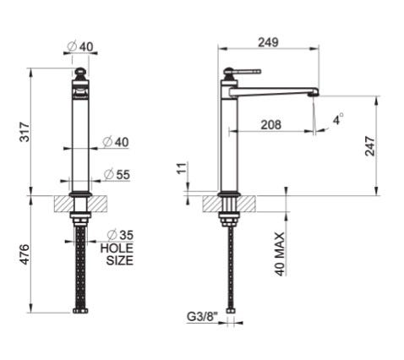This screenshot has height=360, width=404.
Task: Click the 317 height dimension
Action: pos(25,132)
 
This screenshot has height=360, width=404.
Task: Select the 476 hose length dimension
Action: pos(25,254)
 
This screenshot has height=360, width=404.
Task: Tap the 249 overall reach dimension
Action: pos(268,42)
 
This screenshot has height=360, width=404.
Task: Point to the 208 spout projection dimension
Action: pos(270,124)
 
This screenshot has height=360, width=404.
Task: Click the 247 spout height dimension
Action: pos(370,146)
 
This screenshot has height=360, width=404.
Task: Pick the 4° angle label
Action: pos(338,119)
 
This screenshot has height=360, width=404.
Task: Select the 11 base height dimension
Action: pos(182,168)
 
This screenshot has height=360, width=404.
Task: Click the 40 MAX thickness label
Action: pos(280,254)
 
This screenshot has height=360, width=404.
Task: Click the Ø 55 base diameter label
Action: pos(117,175)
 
